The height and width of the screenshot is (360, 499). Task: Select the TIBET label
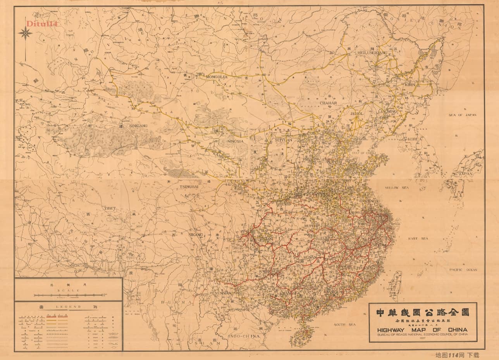point(110,208)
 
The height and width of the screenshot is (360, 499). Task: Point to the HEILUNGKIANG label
point(372,52)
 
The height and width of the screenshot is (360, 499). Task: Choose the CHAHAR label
point(328,103)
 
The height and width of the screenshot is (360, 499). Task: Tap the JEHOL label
point(357,114)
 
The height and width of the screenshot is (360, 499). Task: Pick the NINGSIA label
point(235,141)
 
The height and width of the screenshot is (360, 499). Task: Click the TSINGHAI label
point(189,187)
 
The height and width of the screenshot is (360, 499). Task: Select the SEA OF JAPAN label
point(462,115)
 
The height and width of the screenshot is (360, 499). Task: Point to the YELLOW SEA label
point(397,188)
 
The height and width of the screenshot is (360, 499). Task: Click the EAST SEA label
point(418,238)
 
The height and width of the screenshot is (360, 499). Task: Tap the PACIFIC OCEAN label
point(463,270)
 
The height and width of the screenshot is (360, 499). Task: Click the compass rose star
point(26,34)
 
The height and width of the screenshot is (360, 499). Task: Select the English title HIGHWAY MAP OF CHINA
point(422,330)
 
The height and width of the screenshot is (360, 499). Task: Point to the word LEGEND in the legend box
point(69,307)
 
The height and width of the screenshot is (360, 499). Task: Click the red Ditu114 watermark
point(41,24)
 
